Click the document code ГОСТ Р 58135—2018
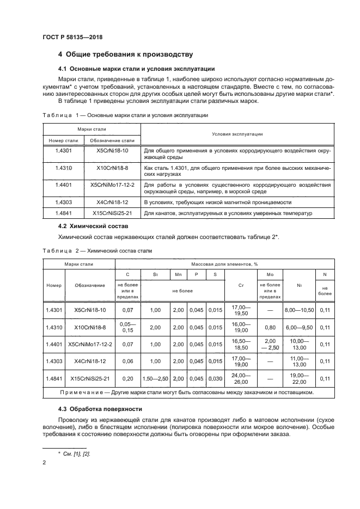pos(72,37)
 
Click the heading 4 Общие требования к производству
pos(125,54)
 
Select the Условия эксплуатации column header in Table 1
pos(236,134)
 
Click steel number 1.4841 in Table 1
pos(64,213)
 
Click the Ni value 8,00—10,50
pos(299,310)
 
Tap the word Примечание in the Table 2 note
pos(95,392)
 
